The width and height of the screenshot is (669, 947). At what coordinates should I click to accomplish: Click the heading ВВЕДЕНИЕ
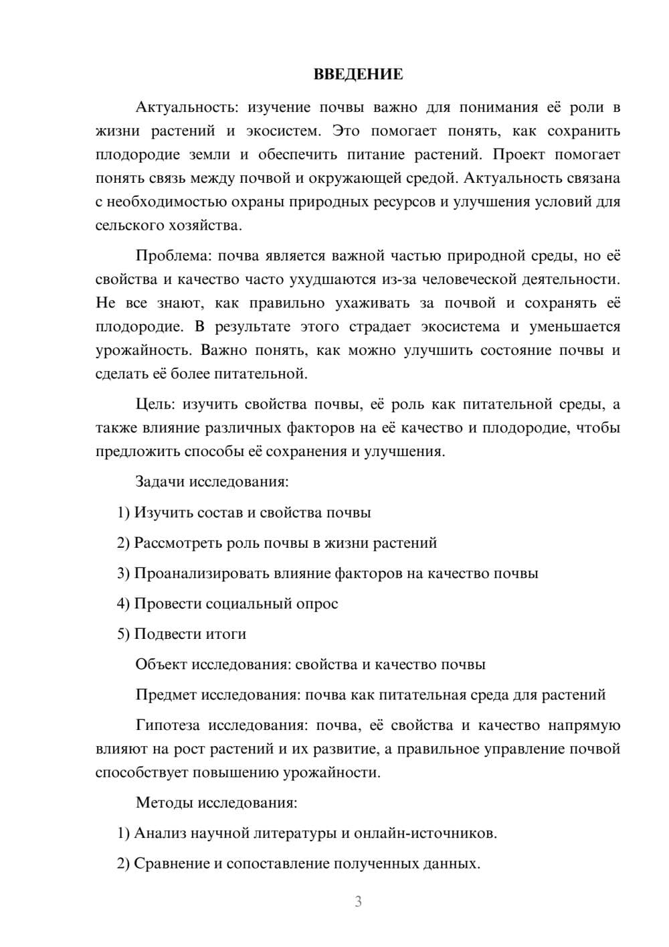click(x=358, y=74)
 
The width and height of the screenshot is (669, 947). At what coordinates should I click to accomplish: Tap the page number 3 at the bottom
click(x=358, y=901)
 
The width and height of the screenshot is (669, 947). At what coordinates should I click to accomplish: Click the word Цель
click(x=155, y=404)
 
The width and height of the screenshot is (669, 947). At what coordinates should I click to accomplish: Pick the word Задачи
click(x=161, y=482)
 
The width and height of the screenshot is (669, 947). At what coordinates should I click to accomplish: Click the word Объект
click(x=161, y=664)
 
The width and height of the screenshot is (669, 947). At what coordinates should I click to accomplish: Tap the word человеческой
click(x=490, y=279)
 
